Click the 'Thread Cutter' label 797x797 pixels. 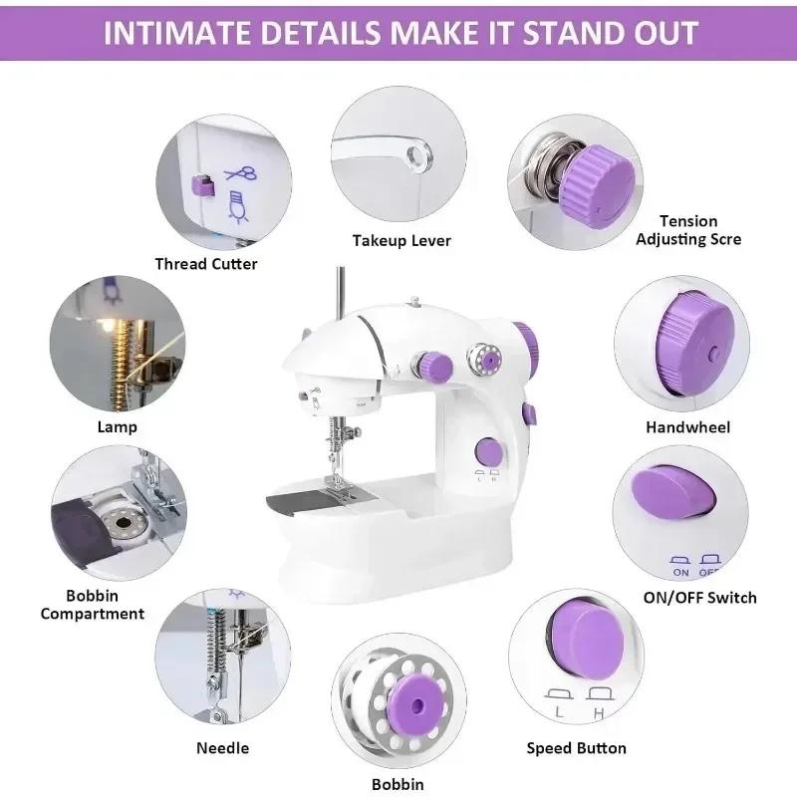(x=206, y=264)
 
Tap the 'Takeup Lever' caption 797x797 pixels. (x=401, y=240)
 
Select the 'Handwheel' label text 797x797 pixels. (x=687, y=426)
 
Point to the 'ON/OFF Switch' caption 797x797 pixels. (x=700, y=598)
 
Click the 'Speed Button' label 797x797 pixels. (x=577, y=748)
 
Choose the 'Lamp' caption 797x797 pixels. (x=118, y=426)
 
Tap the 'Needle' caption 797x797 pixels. (x=223, y=748)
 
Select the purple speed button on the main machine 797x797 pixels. (x=487, y=450)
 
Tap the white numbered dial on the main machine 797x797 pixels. (x=487, y=357)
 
